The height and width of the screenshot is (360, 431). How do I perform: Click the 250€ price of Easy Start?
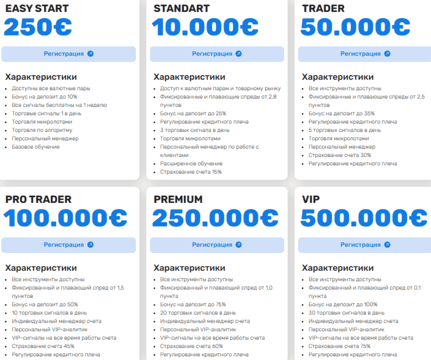pos(38,27)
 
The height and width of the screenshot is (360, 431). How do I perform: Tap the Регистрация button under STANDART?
pos(217,54)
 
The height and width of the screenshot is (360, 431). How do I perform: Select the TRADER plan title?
pos(323,8)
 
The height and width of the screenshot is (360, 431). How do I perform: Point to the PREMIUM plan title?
pos(178,199)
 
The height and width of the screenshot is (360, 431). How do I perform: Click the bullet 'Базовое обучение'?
pos(35,147)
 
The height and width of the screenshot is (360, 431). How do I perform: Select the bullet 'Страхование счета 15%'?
pos(191,172)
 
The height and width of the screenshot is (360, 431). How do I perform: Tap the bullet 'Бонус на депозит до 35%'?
pos(341,113)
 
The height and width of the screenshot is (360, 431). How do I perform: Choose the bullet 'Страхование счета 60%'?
pos(191,346)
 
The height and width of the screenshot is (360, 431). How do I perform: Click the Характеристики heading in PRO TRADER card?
pos(41,268)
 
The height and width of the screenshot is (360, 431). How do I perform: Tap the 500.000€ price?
pos(362,218)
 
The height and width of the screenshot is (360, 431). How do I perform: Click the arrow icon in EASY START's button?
pos(90,54)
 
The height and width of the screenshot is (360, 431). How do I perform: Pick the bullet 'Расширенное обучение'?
pos(191,163)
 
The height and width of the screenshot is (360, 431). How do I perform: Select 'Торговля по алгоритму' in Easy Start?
pos(42,130)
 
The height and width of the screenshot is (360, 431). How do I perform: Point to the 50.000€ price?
pos(355,27)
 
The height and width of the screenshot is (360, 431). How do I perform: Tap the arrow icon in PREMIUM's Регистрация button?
pos(238,245)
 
